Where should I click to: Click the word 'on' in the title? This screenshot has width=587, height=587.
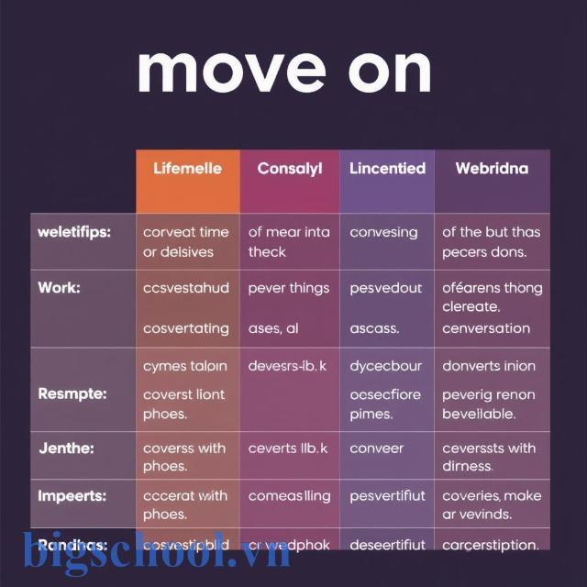pyautogui.click(x=384, y=71)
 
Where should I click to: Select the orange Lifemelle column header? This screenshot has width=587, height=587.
pyautogui.click(x=187, y=169)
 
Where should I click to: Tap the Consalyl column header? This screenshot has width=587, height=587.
pyautogui.click(x=290, y=169)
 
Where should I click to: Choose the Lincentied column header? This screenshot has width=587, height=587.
pyautogui.click(x=387, y=169)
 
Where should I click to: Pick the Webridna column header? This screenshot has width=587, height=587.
pyautogui.click(x=492, y=169)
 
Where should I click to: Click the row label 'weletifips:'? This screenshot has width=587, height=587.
pyautogui.click(x=74, y=232)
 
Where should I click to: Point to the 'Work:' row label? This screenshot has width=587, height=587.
pyautogui.click(x=59, y=288)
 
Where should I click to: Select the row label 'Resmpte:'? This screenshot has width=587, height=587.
pyautogui.click(x=72, y=393)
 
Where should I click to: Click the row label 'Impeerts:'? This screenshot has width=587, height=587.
pyautogui.click(x=72, y=496)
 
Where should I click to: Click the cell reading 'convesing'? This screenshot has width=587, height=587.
pyautogui.click(x=383, y=233)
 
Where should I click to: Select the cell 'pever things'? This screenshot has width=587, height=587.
pyautogui.click(x=288, y=288)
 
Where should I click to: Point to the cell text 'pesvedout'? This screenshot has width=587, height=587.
pyautogui.click(x=385, y=288)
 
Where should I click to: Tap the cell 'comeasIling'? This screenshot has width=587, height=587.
pyautogui.click(x=290, y=496)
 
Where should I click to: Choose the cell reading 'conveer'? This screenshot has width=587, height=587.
pyautogui.click(x=376, y=449)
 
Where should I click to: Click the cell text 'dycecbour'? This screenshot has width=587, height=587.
pyautogui.click(x=385, y=366)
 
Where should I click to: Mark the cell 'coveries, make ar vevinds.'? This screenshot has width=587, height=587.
pyautogui.click(x=492, y=504)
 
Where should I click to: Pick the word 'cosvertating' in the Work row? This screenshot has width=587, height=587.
pyautogui.click(x=186, y=327)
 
